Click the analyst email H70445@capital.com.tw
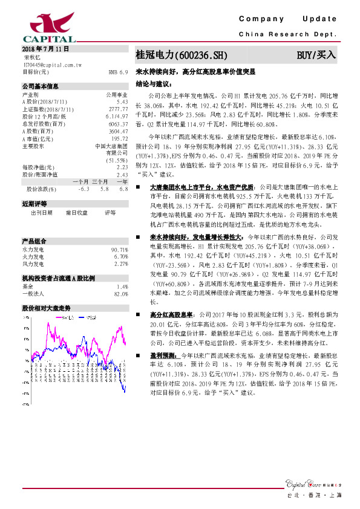53,63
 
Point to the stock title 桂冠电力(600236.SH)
181,55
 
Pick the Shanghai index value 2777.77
117,109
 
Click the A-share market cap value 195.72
119,138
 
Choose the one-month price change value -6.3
83,189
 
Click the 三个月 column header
100,182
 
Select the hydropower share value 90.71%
119,250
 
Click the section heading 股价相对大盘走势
47,308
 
